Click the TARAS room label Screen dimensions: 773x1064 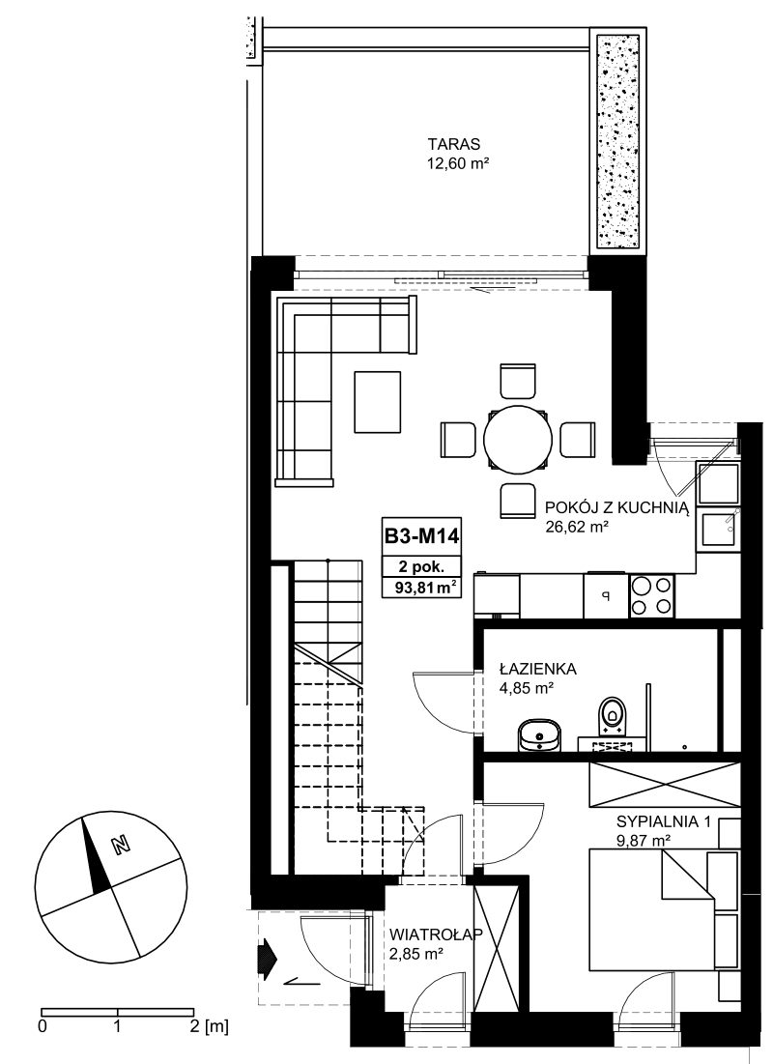click(x=453, y=145)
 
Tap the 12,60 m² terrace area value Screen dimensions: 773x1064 click(x=457, y=163)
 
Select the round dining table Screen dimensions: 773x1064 click(x=517, y=439)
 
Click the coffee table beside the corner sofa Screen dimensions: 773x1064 click(x=377, y=401)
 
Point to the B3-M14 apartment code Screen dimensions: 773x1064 click(x=422, y=536)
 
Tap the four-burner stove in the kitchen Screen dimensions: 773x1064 click(x=651, y=596)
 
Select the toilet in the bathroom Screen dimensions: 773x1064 click(x=613, y=715)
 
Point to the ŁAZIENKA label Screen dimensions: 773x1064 click(x=538, y=669)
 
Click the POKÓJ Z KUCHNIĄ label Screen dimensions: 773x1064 click(x=617, y=508)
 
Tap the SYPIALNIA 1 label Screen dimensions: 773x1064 click(x=663, y=821)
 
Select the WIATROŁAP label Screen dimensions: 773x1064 click(x=436, y=935)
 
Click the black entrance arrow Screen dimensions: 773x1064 click(x=268, y=957)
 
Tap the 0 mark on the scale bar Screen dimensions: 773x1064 click(x=43, y=1026)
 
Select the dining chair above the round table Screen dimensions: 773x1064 click(x=519, y=382)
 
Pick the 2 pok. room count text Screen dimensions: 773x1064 click(x=421, y=566)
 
